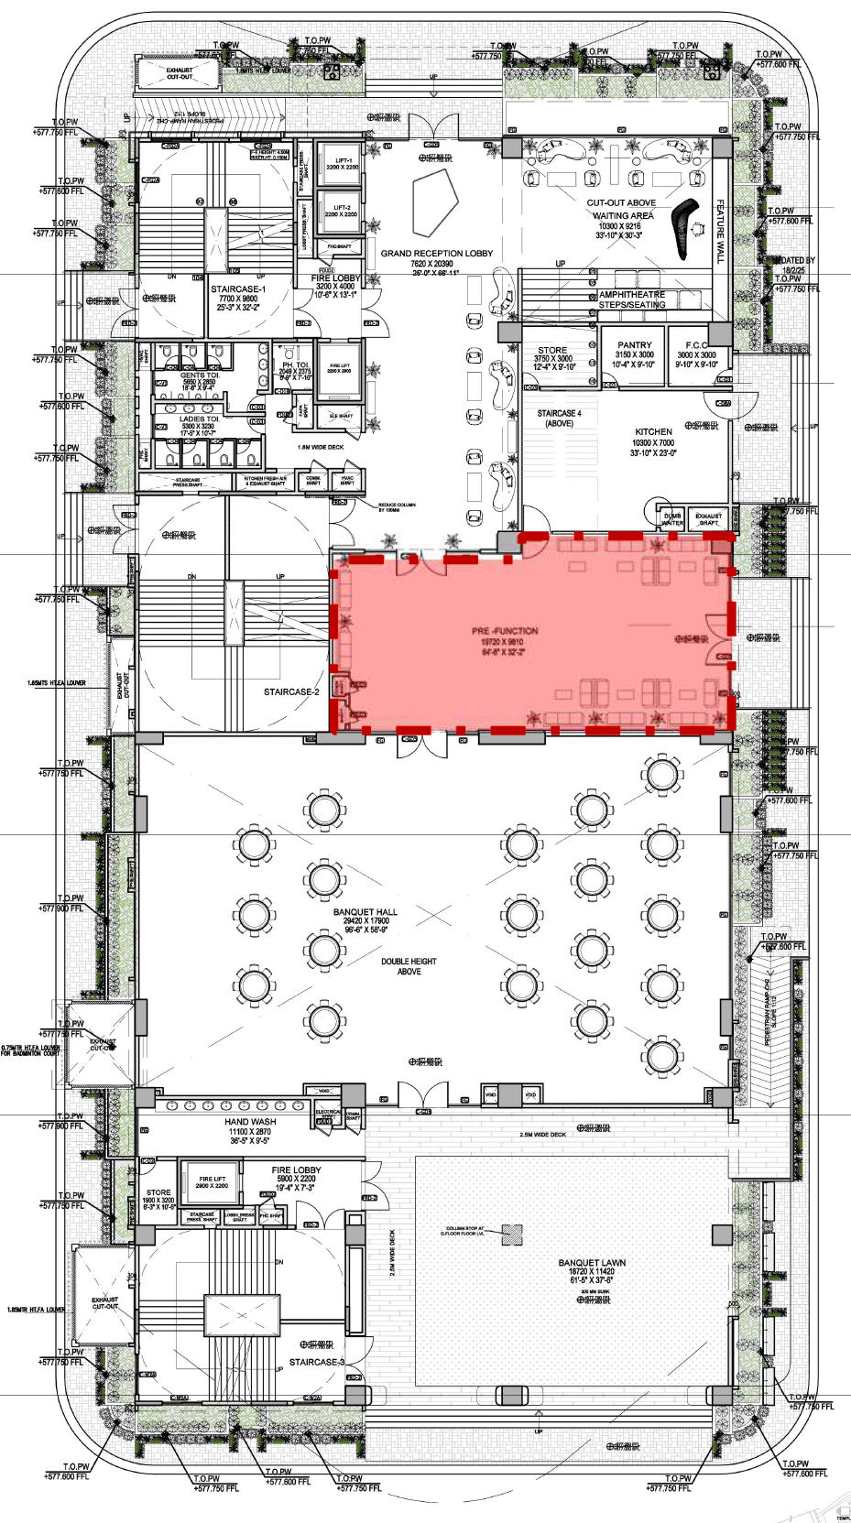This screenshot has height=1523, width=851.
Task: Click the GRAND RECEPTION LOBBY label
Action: click(436, 253)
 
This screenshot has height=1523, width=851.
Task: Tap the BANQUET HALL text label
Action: click(365, 912)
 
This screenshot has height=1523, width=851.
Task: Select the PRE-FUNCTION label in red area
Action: click(505, 631)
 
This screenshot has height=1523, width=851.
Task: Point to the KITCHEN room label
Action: click(653, 431)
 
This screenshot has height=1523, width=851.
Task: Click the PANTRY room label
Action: click(634, 345)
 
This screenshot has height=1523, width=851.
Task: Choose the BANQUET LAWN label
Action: click(592, 1263)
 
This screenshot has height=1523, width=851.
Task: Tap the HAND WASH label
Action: click(250, 1122)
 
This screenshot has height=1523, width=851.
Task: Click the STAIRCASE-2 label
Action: click(291, 692)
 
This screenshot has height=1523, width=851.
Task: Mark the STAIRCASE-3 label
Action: click(317, 1362)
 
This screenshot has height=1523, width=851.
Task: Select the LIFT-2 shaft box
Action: click(341, 211)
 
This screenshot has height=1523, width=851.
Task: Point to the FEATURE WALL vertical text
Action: click(720, 232)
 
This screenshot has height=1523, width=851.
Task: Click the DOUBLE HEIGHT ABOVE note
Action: click(409, 966)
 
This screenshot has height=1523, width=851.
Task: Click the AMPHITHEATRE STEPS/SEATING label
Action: click(632, 299)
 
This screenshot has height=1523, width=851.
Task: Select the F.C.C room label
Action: click(696, 345)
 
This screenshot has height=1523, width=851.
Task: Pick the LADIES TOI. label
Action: click(198, 419)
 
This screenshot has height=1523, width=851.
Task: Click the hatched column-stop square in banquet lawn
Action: click(512, 1235)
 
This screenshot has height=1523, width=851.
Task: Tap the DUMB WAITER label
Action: click(672, 519)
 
